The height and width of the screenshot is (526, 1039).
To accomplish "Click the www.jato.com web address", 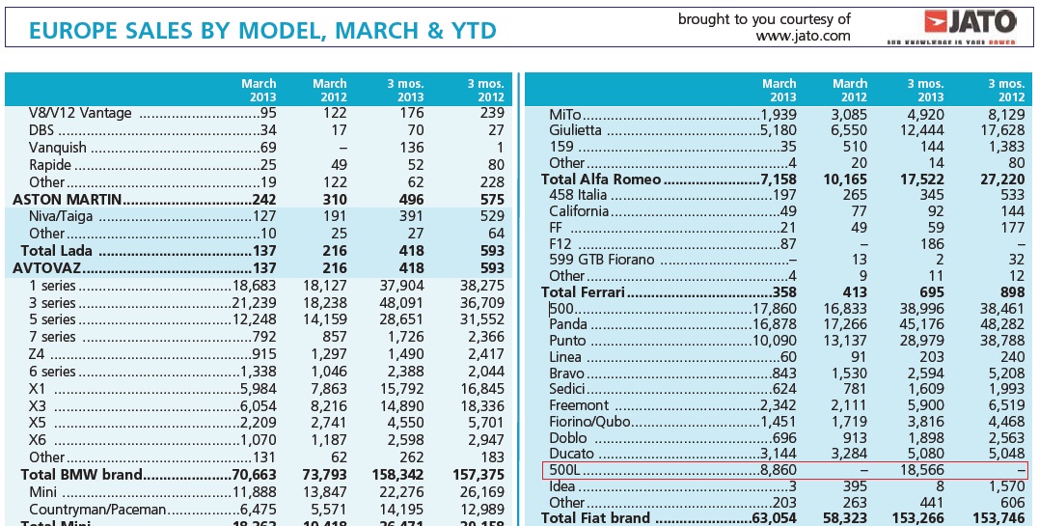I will (803, 37).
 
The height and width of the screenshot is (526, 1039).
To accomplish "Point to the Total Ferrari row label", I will (583, 292).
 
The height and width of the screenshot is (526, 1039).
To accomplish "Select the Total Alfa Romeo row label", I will (601, 179).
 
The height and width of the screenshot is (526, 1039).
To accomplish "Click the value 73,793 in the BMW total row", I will (323, 474).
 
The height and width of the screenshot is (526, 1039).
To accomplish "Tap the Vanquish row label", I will (57, 148).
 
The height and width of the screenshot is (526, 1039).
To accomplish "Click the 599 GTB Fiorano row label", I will (602, 260).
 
